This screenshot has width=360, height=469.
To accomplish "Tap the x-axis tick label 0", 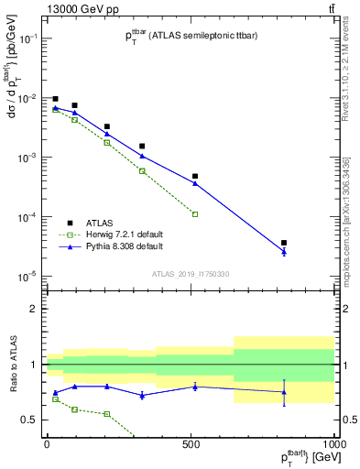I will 46,444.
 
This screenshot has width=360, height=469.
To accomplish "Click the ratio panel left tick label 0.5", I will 30,420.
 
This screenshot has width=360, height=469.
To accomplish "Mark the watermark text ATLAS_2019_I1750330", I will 191,274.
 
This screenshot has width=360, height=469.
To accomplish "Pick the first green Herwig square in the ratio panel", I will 55,399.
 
